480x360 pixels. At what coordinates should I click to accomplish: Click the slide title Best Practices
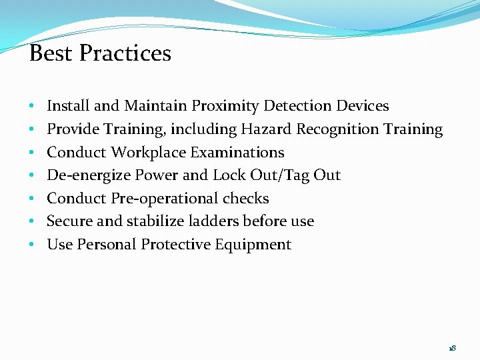coord(100,53)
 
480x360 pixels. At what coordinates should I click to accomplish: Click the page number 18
coord(453,349)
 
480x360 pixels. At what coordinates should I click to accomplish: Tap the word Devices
coord(363,106)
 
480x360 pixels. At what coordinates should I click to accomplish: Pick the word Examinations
coord(237,153)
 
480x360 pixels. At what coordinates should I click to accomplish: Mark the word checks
coord(246,199)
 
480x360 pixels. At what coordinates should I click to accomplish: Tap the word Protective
coord(175,245)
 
